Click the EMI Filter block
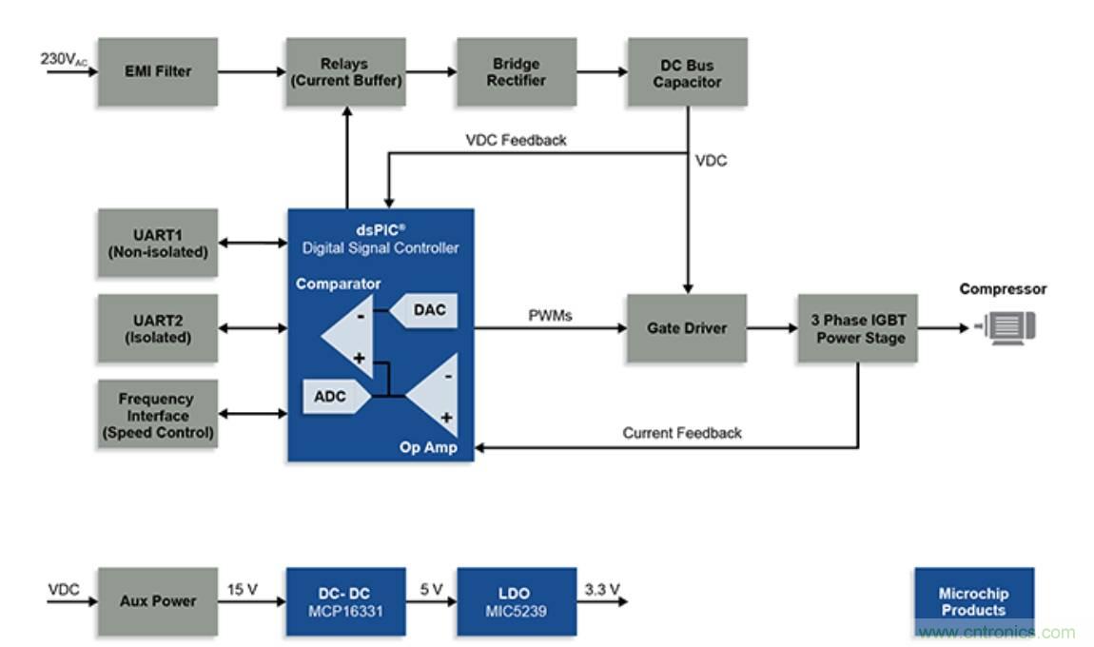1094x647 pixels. tap(157, 71)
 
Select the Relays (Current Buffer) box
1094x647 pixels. tap(346, 71)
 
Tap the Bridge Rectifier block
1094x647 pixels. tap(516, 71)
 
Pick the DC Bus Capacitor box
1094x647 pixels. tap(687, 71)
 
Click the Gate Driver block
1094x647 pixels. tap(686, 328)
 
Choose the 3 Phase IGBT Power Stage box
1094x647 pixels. tap(857, 328)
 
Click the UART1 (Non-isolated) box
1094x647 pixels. tap(157, 243)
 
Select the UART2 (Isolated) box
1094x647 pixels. tap(157, 328)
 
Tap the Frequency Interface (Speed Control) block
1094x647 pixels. tap(157, 415)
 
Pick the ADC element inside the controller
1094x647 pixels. tap(329, 397)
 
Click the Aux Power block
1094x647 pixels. tap(157, 601)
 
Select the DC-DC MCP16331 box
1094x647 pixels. tap(346, 601)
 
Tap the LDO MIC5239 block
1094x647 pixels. tap(516, 601)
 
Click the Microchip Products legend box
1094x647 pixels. tap(973, 601)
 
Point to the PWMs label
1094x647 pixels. tap(550, 315)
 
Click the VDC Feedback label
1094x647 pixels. tap(516, 140)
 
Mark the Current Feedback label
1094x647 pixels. tap(681, 433)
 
